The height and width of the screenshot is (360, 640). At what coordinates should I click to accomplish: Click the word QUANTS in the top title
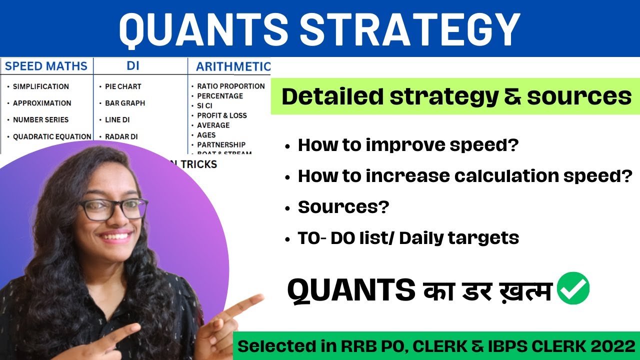click(x=203, y=28)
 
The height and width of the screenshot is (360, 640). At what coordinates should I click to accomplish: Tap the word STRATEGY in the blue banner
click(x=410, y=28)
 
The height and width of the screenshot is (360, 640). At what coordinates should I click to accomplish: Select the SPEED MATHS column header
click(x=46, y=66)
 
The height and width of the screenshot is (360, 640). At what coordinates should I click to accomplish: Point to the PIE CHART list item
click(x=123, y=86)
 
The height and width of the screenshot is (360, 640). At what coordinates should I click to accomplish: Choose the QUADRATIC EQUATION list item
click(x=52, y=136)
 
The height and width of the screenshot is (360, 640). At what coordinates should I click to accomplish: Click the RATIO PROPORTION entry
click(x=230, y=86)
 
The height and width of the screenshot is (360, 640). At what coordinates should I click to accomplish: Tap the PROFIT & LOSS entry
click(x=221, y=115)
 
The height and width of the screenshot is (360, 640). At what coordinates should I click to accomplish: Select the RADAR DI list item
click(x=121, y=136)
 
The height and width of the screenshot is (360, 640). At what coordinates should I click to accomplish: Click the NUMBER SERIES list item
click(x=40, y=119)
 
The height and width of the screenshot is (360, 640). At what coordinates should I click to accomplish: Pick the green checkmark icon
click(x=573, y=288)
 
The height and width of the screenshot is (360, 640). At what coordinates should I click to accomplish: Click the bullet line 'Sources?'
click(x=343, y=206)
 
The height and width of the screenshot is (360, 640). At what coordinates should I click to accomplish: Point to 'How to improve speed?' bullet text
click(x=408, y=145)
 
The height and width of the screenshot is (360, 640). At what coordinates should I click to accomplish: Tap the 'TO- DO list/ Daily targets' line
click(x=408, y=237)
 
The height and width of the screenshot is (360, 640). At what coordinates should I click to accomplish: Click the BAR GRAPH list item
click(x=124, y=103)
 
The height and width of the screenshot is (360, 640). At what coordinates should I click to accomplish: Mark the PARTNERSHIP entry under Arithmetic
click(x=221, y=144)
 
